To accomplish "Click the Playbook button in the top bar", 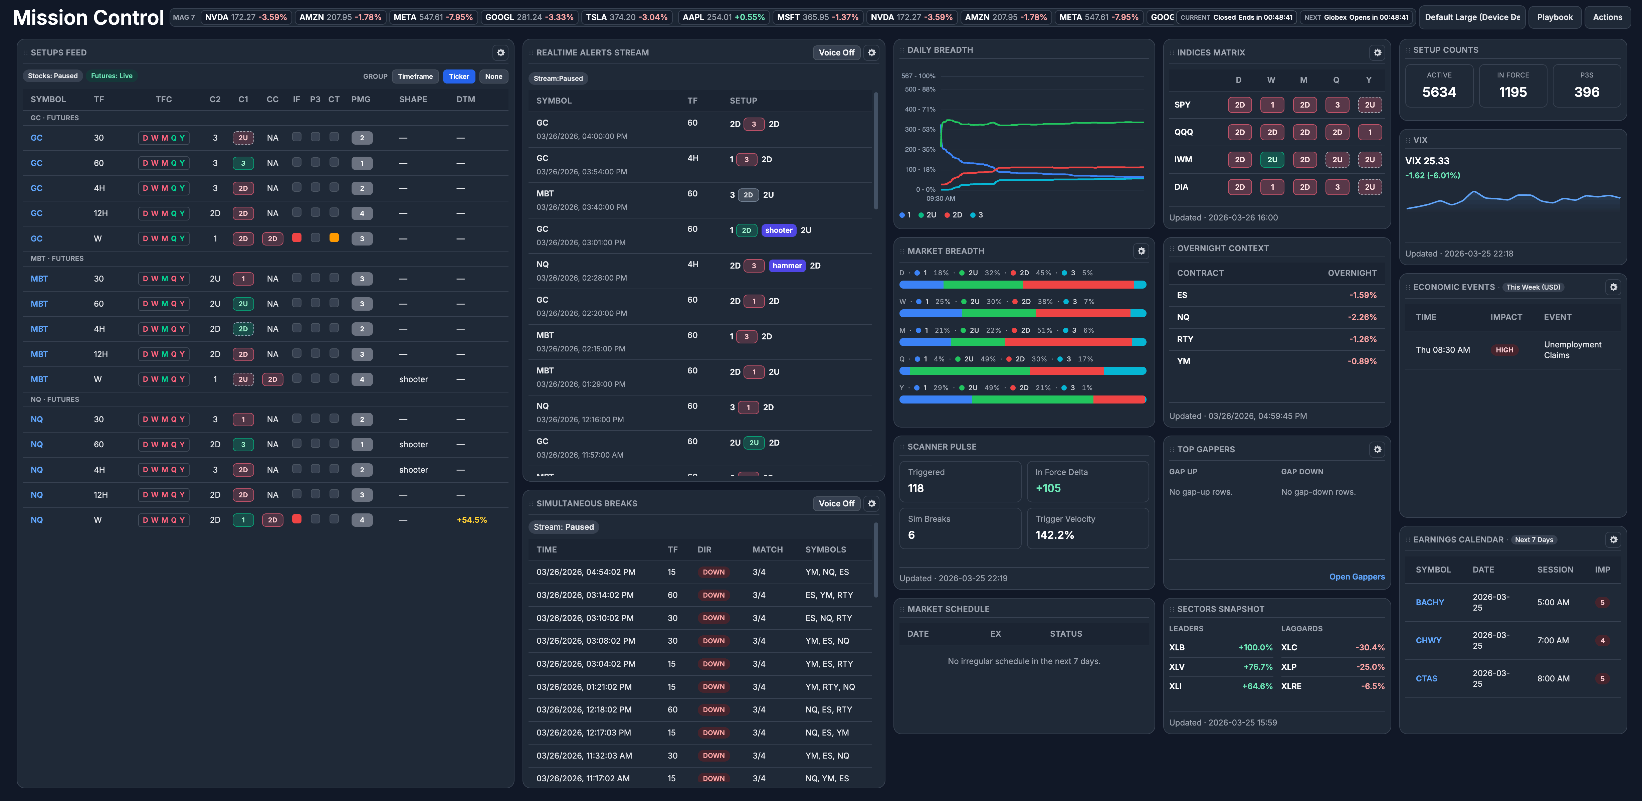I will [x=1554, y=17].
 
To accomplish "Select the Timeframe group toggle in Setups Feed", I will [x=415, y=76].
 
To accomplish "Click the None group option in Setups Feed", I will [x=493, y=76].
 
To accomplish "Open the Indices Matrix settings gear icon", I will [x=1377, y=53].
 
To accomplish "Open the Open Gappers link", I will [x=1357, y=577].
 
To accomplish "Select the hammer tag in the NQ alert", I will [x=787, y=266].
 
